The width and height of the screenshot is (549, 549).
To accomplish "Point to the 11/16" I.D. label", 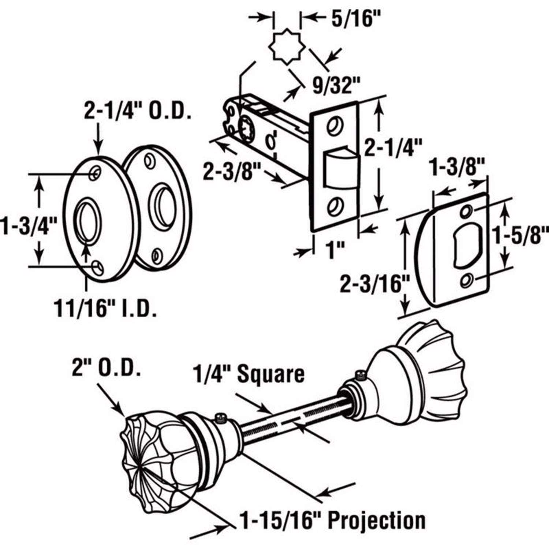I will click(105, 308).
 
